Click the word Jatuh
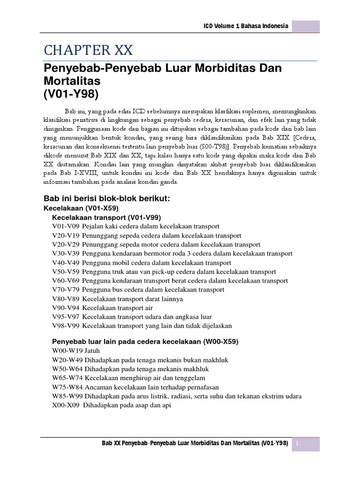point(91,351)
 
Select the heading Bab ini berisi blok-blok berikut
point(106,198)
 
